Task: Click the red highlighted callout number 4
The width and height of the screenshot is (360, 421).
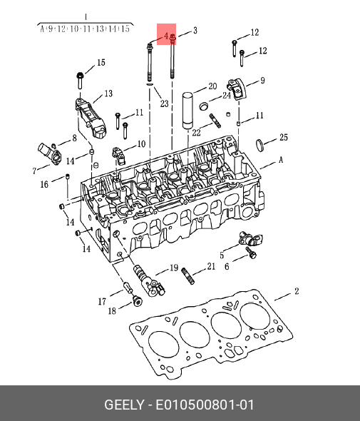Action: (166, 36)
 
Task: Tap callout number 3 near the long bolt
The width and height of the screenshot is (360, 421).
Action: (195, 31)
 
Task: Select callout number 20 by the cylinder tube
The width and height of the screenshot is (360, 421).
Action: (212, 86)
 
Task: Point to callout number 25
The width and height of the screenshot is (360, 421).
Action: (284, 137)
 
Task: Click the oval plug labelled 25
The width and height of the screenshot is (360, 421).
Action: (259, 146)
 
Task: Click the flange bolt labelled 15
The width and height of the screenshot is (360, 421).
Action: (81, 80)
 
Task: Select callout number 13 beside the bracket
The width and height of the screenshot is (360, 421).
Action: (108, 93)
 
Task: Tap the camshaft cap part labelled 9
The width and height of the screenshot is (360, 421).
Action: (237, 88)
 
